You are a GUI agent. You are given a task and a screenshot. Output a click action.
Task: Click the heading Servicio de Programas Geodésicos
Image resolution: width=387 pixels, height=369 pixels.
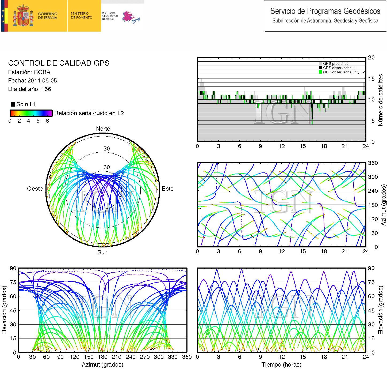tap(325, 11)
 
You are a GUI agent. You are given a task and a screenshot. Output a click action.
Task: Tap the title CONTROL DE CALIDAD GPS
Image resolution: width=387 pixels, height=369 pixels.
tap(59, 63)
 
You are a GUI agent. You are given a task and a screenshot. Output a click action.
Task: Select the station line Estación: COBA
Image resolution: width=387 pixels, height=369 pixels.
tap(29, 72)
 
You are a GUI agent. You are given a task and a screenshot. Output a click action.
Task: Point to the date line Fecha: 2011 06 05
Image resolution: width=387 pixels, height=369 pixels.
tap(32, 81)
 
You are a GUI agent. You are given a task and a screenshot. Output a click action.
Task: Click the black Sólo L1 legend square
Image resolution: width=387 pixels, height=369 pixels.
tap(13, 104)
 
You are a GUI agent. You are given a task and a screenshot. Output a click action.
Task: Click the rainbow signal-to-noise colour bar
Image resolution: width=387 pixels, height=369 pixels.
tap(31, 113)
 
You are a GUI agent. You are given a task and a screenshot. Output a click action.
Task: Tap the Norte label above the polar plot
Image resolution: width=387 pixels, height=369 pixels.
tap(103, 129)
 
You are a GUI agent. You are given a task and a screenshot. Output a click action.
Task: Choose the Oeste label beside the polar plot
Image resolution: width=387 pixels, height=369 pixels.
tap(35, 189)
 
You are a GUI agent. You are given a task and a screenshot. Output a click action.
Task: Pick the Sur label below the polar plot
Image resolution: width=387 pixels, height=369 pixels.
tap(102, 253)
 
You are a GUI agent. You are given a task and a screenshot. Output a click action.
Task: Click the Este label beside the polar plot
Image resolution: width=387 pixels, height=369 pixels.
tap(168, 189)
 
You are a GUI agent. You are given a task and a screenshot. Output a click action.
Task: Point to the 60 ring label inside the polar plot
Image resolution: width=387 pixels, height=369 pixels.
tap(107, 167)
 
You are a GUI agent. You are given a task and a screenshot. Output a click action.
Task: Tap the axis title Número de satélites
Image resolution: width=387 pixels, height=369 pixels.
tap(380, 100)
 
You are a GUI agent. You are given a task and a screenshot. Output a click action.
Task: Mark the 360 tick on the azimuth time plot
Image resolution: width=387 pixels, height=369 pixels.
tap(373, 163)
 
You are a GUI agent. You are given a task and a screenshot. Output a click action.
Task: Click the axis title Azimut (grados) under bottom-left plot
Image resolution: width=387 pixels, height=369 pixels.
tap(102, 365)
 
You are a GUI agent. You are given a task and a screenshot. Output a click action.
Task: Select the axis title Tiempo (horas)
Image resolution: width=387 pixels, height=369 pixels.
tap(281, 365)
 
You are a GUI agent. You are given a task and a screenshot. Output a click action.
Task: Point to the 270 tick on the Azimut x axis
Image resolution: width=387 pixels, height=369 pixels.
tap(145, 357)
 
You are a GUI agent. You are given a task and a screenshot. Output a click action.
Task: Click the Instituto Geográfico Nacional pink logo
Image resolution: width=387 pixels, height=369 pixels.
tap(131, 17)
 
